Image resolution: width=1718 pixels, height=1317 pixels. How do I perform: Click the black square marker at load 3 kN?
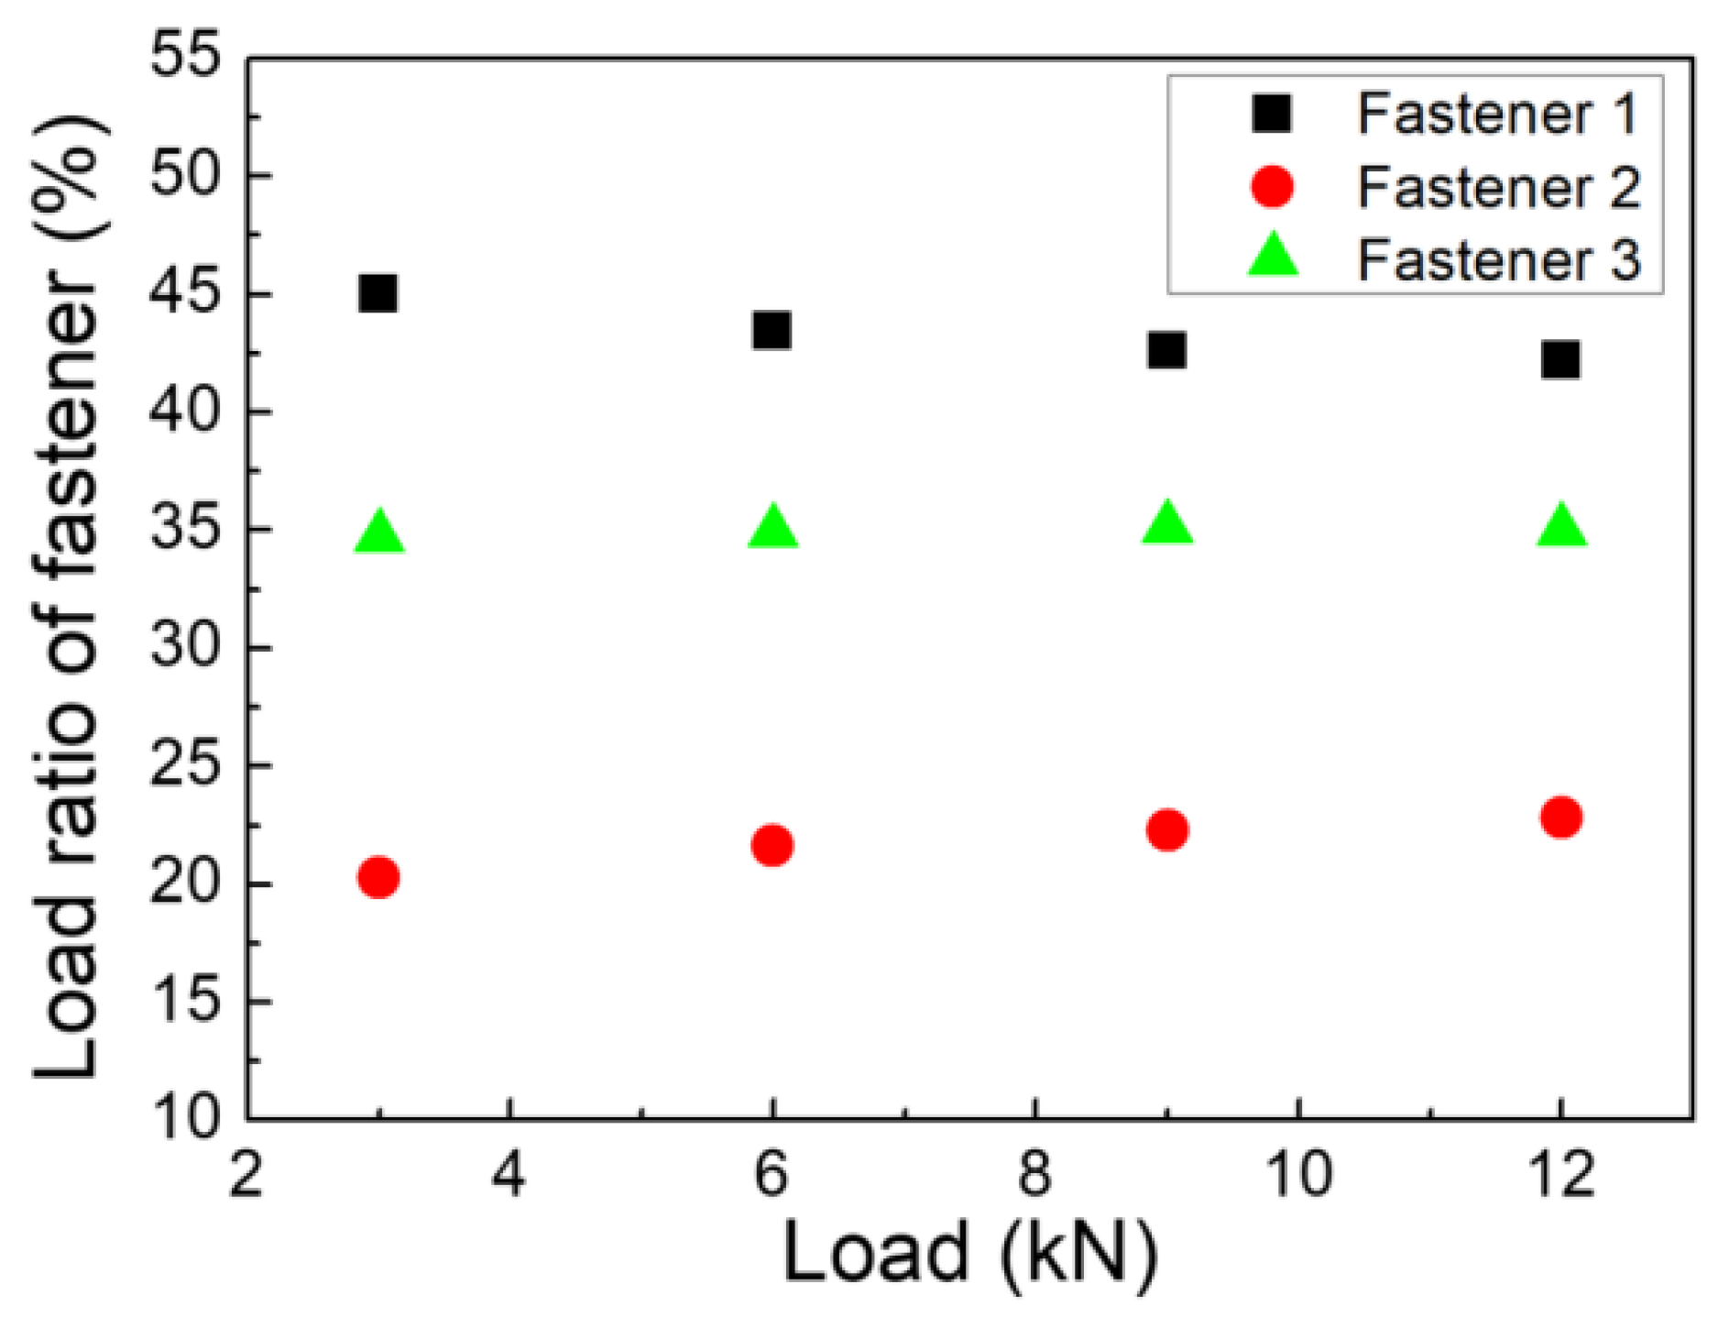tap(378, 293)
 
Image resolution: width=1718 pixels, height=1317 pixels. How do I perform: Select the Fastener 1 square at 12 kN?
tap(1560, 359)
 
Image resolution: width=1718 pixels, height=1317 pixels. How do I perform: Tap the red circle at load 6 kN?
tap(771, 844)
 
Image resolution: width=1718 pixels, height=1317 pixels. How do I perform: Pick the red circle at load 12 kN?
tap(1560, 816)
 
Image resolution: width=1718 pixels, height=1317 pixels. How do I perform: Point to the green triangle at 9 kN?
tap(1166, 524)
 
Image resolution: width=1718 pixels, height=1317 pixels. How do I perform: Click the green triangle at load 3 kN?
tap(378, 532)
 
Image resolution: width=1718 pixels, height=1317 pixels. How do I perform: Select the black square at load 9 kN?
tap(1166, 349)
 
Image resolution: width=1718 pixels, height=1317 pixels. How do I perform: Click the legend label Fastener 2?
tap(1497, 188)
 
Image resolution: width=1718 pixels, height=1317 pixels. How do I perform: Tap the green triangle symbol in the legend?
tap(1274, 257)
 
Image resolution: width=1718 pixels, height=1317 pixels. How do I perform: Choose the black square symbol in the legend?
tap(1272, 114)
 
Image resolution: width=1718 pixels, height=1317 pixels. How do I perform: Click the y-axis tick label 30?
tap(185, 647)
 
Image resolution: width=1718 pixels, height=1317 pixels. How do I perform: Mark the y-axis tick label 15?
tap(185, 1001)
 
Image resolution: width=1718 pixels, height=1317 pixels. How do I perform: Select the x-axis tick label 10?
tap(1298, 1174)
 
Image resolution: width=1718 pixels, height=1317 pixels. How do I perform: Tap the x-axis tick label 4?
tap(509, 1174)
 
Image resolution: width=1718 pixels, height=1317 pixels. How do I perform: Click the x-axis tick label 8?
tap(1034, 1174)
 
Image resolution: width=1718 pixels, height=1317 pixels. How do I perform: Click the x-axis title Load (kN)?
tap(969, 1254)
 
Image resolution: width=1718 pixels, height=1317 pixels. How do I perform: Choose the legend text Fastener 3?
tap(1497, 260)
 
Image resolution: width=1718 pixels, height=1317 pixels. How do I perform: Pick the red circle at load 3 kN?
tap(378, 877)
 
